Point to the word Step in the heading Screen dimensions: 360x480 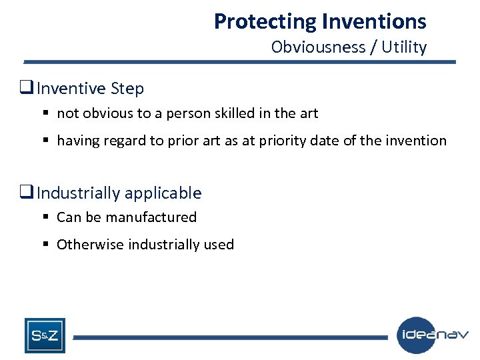[128, 88]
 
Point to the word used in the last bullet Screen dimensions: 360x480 [219, 245]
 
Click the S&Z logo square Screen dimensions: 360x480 [45, 335]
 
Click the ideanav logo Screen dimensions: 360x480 [433, 335]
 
